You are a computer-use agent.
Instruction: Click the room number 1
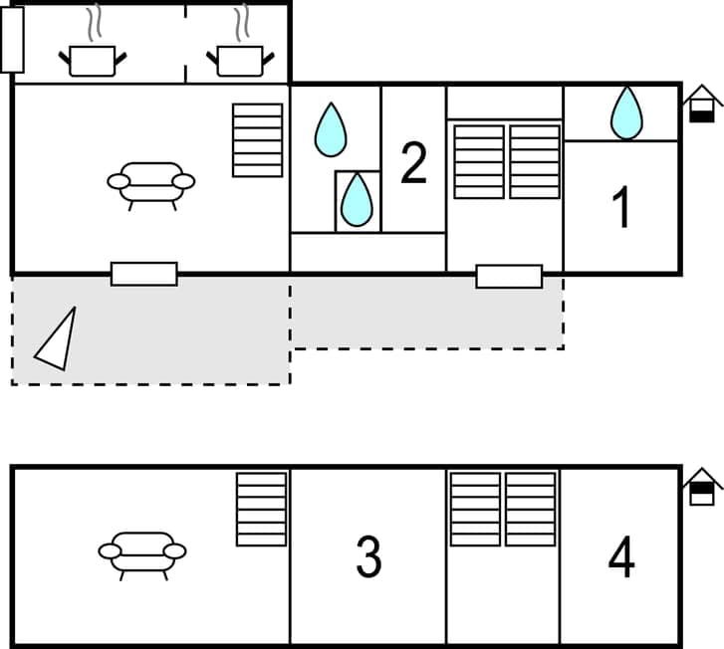[621, 208]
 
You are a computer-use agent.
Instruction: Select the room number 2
[413, 163]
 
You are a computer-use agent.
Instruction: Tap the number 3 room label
[368, 557]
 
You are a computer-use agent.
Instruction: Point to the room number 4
[621, 557]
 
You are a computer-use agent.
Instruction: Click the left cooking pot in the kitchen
[93, 61]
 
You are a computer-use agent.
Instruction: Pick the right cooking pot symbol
[240, 61]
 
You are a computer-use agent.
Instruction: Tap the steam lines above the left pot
[94, 24]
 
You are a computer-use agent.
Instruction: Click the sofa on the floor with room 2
[150, 182]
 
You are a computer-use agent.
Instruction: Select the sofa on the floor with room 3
[142, 552]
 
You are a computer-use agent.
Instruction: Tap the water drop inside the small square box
[357, 200]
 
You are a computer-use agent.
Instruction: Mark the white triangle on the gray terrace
[58, 339]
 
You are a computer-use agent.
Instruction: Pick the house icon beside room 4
[702, 487]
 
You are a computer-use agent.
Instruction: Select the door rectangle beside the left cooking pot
[12, 40]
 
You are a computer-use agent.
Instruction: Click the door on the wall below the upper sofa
[143, 274]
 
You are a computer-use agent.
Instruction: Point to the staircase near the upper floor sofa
[257, 139]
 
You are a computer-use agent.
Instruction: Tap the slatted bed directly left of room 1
[535, 161]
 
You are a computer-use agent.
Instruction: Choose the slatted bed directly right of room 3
[475, 510]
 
